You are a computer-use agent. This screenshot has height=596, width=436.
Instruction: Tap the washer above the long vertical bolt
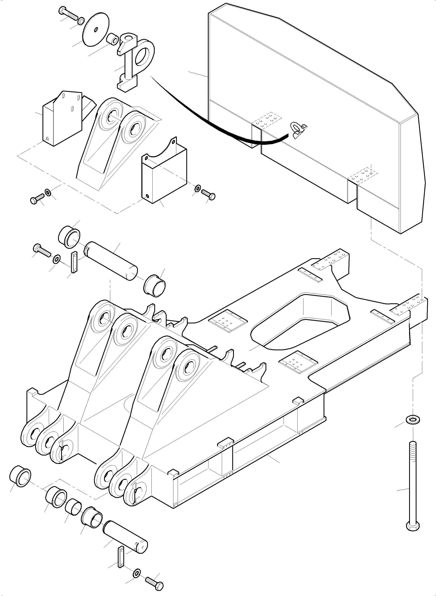[412, 419]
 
